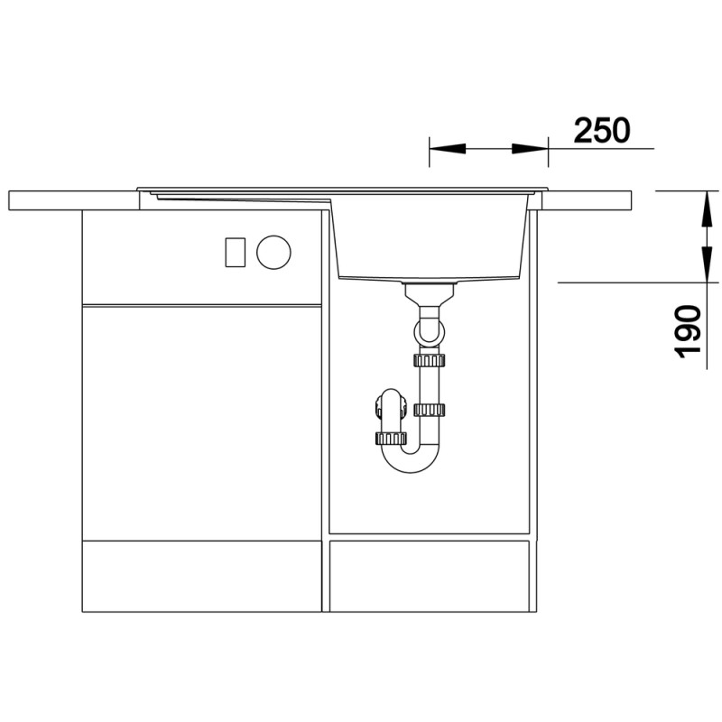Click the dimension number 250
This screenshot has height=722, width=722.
[602, 130]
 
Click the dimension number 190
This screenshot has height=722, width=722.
[688, 331]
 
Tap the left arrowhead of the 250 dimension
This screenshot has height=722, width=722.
[447, 149]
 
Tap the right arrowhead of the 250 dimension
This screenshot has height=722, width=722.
[530, 149]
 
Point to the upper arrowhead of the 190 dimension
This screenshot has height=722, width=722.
[707, 208]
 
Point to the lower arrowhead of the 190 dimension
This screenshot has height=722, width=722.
[707, 264]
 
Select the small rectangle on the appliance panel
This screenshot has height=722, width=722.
[236, 252]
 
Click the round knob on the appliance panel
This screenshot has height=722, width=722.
[273, 252]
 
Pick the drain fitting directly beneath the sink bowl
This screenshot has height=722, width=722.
[429, 295]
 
